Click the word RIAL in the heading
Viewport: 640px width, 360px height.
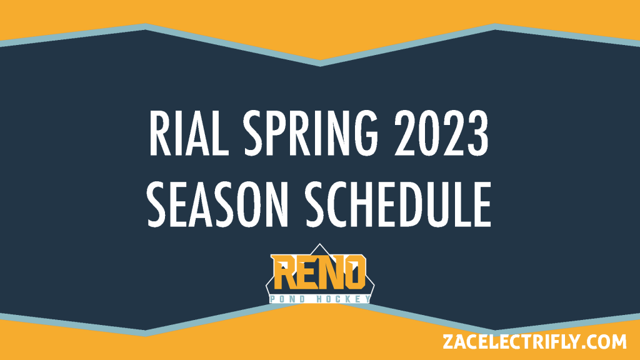pyautogui.click(x=189, y=134)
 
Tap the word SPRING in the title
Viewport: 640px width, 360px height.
pyautogui.click(x=311, y=134)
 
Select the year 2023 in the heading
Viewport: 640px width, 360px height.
pyautogui.click(x=441, y=134)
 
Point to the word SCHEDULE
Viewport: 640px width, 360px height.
pyautogui.click(x=398, y=204)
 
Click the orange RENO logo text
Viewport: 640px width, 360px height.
pyautogui.click(x=319, y=271)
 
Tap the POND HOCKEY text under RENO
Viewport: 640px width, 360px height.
pyautogui.click(x=320, y=299)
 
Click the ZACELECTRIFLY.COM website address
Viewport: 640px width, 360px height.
pyautogui.click(x=534, y=342)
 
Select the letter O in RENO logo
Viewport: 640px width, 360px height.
pyautogui.click(x=354, y=272)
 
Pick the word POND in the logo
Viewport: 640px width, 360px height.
pyautogui.click(x=287, y=299)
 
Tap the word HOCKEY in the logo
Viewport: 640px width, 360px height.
pyautogui.click(x=344, y=299)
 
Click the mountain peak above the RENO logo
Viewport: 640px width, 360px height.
pyautogui.click(x=319, y=244)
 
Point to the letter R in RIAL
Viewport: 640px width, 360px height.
pyautogui.click(x=159, y=134)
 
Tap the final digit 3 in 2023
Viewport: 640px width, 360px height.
pyautogui.click(x=478, y=134)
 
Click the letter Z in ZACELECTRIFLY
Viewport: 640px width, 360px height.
pyautogui.click(x=449, y=342)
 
